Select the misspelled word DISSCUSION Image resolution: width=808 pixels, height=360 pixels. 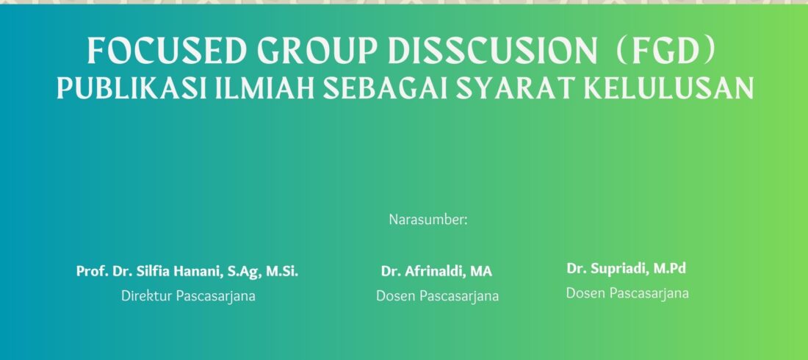click(x=492, y=51)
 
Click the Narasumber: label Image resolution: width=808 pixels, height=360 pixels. click(x=428, y=220)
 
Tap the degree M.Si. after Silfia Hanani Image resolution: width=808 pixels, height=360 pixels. click(x=282, y=271)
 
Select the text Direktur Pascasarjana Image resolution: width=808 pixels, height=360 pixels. click(x=188, y=296)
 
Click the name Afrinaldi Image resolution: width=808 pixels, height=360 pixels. click(x=432, y=271)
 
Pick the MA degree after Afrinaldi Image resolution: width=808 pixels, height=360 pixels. click(x=480, y=271)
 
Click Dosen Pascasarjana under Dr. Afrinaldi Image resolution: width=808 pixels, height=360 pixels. click(x=438, y=296)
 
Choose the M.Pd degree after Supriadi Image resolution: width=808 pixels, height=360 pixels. click(x=669, y=269)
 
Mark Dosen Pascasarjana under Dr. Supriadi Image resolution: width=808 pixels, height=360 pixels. click(x=627, y=293)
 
